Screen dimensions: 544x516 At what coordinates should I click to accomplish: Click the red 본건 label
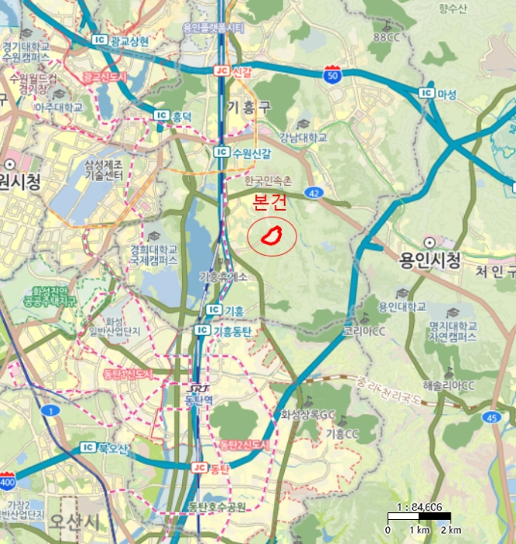tap(271, 203)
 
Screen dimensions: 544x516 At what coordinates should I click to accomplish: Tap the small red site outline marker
tap(271, 235)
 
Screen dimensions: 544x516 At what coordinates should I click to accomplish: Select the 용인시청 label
tap(430, 259)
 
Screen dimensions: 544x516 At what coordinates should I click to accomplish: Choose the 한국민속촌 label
tap(267, 181)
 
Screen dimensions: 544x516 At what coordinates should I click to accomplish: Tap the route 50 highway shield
tap(333, 75)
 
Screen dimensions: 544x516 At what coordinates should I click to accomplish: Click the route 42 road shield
tap(313, 191)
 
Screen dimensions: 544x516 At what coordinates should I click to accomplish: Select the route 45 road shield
tap(491, 417)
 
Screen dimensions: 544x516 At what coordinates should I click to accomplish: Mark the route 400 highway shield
tap(8, 483)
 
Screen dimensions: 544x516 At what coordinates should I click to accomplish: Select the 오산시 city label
tap(73, 520)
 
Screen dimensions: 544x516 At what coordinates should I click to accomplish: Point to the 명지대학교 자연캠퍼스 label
tap(451, 332)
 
